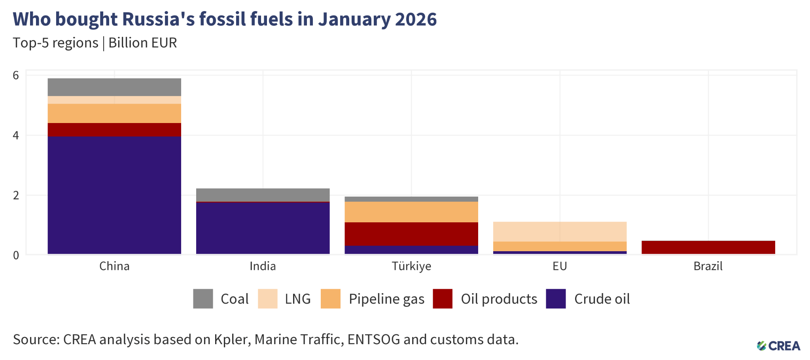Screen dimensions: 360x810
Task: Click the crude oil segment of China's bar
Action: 114,195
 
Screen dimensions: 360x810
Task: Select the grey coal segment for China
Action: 114,87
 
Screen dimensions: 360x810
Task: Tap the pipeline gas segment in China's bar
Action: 114,113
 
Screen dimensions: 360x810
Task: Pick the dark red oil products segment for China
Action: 114,130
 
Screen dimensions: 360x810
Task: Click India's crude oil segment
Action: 263,228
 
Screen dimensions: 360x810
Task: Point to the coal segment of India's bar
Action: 263,195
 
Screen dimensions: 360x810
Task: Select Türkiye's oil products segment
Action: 411,234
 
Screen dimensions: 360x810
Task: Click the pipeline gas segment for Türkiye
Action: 411,212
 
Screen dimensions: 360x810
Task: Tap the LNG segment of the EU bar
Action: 560,231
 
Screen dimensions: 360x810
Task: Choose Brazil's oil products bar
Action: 708,247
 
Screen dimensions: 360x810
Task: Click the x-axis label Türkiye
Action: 411,266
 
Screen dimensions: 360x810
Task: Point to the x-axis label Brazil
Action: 708,266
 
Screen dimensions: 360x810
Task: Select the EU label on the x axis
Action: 560,266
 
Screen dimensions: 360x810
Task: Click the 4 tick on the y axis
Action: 16,135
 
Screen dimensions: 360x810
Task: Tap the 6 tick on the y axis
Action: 16,75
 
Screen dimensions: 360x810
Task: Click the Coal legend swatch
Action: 203,299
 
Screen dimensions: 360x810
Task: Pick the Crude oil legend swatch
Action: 556,299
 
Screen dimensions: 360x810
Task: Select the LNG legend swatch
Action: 267,299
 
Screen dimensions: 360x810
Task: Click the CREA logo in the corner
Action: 778,346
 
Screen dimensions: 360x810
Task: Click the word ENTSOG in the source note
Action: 373,339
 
